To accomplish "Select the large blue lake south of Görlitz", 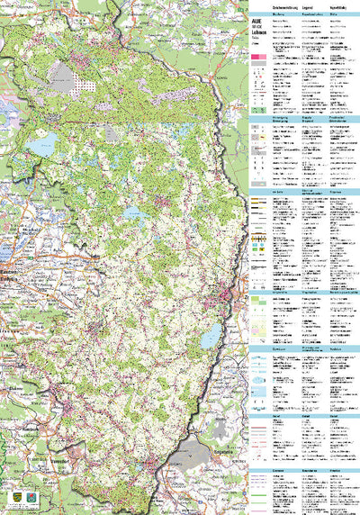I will tap(211, 338).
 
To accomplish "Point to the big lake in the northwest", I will tap(40, 145).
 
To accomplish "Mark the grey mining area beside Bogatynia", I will tap(194, 450).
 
